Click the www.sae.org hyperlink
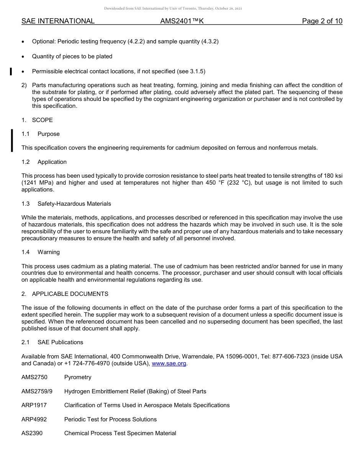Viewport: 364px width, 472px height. click(169, 363)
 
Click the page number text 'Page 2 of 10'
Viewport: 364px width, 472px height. click(322, 21)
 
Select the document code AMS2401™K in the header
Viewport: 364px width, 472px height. click(182, 21)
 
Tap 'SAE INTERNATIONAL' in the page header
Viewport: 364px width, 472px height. click(58, 21)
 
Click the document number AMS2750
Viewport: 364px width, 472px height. click(34, 377)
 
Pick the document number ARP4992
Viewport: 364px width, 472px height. click(34, 419)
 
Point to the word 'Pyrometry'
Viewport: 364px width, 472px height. click(78, 377)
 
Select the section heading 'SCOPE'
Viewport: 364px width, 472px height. click(43, 120)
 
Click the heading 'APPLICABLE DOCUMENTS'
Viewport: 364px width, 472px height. click(70, 294)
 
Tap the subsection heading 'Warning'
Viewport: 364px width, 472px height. click(49, 252)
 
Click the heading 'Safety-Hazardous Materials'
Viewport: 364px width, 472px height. click(74, 204)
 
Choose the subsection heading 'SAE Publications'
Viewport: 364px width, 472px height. click(60, 342)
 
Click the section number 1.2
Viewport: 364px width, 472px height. click(26, 162)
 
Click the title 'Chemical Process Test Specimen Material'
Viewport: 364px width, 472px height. click(120, 433)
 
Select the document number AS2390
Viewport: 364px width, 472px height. click(32, 433)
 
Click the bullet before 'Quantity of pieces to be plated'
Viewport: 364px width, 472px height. click(23, 57)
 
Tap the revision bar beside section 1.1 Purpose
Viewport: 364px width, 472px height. click(12, 140)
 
